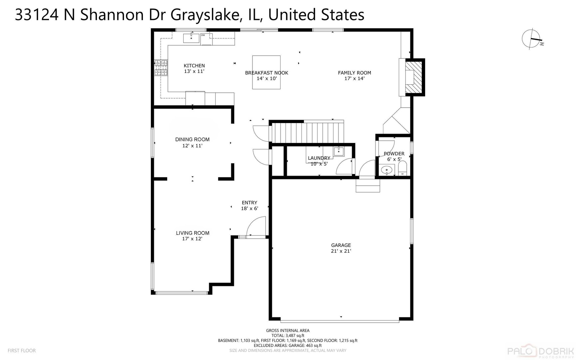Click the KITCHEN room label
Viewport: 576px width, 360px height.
(x=194, y=66)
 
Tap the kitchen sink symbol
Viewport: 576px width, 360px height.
(x=191, y=38)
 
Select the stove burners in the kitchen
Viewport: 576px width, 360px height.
(x=161, y=68)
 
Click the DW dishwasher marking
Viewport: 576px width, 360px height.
(x=203, y=35)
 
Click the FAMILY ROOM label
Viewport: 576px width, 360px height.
(x=354, y=73)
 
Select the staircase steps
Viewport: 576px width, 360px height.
(x=306, y=132)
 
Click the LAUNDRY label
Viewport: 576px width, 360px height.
(x=319, y=158)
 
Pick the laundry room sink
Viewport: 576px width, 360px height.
(x=339, y=151)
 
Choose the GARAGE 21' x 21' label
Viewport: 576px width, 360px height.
(x=341, y=248)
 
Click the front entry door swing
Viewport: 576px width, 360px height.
(x=256, y=226)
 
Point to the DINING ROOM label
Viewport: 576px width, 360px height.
(x=192, y=139)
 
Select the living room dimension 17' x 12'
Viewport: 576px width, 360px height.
(x=192, y=239)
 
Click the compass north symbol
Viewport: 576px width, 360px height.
(x=532, y=39)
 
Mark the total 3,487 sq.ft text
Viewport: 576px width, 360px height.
(x=288, y=335)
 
